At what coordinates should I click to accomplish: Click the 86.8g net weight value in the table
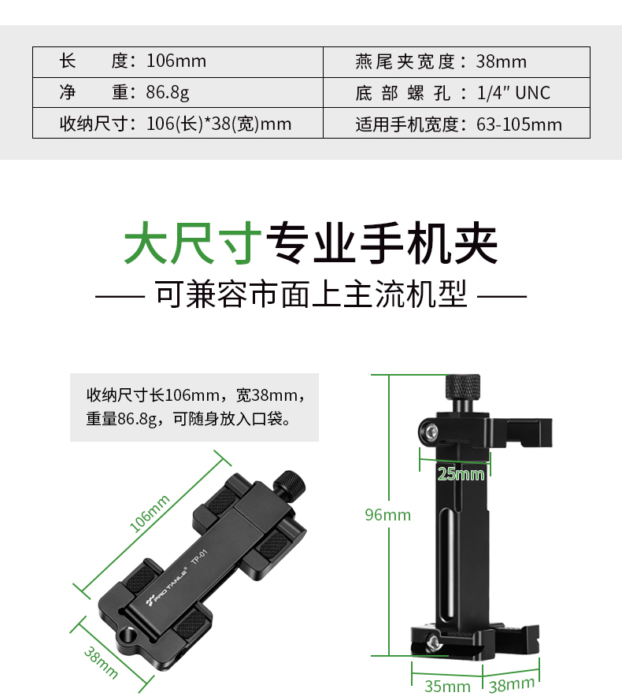coord(168,92)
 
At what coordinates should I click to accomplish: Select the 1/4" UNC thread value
coord(513,93)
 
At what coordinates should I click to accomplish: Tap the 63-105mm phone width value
coord(519,124)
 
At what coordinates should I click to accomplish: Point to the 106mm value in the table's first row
coord(176,61)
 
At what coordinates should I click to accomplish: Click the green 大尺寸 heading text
coord(193,243)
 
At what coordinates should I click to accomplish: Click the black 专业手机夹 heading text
coord(382,243)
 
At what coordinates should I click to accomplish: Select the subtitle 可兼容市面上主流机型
coord(311,294)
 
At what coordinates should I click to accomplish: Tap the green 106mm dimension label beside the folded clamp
coord(150,513)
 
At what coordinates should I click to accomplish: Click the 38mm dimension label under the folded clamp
coord(101,663)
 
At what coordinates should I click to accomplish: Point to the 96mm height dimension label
coord(387,515)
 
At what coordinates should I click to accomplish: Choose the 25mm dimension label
coord(461,474)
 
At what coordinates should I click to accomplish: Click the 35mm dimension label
coord(447,686)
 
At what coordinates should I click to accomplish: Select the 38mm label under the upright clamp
coord(512,684)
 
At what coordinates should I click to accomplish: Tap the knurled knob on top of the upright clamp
coord(463,387)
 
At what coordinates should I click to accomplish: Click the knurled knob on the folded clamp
coord(289,482)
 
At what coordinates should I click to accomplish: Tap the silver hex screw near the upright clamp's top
coord(431,431)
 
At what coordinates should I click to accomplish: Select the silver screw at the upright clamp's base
coord(433,643)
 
